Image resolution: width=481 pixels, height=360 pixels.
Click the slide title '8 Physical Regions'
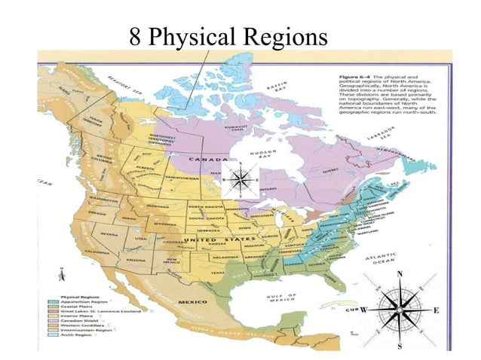tap(228, 36)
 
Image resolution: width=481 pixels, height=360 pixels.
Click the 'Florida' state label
tap(307, 281)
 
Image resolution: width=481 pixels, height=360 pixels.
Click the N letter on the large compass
tap(400, 274)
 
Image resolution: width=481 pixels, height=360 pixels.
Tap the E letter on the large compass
tap(436, 310)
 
